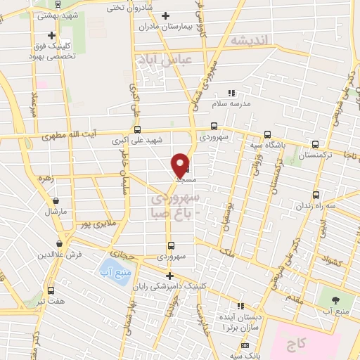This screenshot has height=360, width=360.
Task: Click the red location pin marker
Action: click(x=181, y=165)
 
